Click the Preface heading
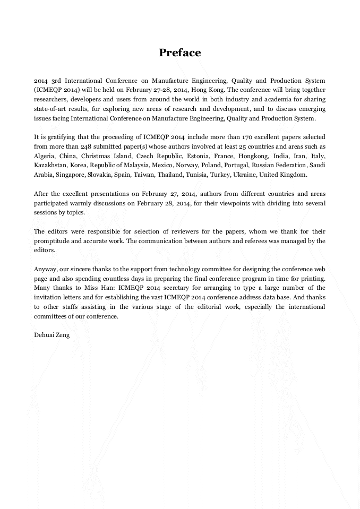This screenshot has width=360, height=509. [180, 53]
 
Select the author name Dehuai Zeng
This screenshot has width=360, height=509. [52, 335]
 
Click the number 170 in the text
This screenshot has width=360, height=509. [245, 137]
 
